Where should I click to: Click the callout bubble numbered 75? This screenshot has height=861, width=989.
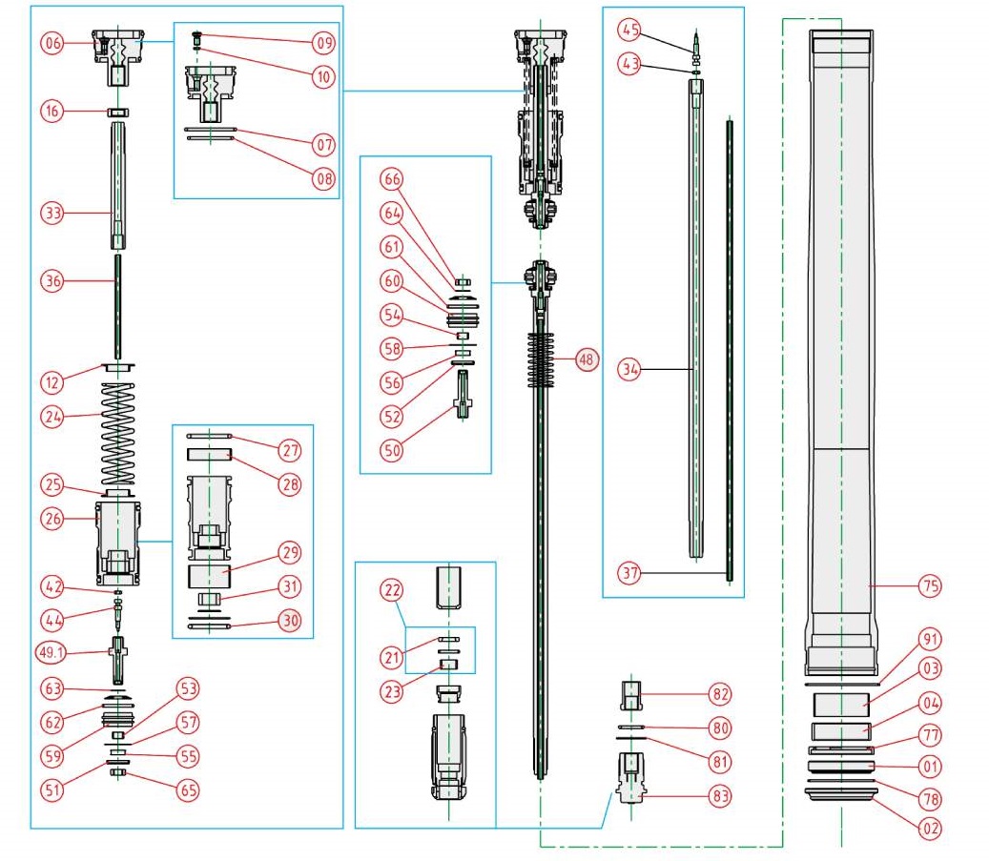[x=930, y=585]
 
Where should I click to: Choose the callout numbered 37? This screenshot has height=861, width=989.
[x=628, y=574]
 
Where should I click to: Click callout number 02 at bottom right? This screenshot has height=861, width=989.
[x=930, y=829]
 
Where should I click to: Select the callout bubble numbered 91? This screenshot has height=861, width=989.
[x=930, y=639]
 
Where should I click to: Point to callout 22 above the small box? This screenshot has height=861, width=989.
[x=391, y=592]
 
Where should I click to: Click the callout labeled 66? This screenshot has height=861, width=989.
[x=392, y=179]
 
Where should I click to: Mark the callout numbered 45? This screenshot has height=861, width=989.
[x=628, y=30]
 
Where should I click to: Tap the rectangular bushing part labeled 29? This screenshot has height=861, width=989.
[x=212, y=577]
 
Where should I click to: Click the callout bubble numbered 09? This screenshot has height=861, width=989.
[x=323, y=42]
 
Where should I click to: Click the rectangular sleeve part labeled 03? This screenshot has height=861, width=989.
[x=840, y=706]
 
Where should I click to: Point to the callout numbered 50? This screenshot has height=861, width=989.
[x=392, y=450]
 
